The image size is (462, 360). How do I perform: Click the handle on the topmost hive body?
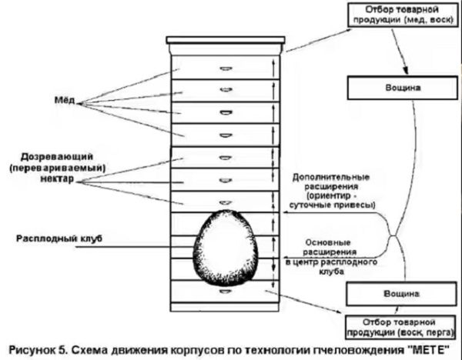(227, 64)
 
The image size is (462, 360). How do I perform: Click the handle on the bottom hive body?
(227, 293)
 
